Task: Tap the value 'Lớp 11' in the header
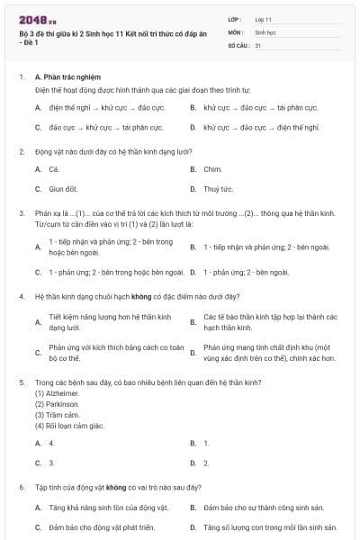coord(264,19)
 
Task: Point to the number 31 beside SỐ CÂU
coord(258,44)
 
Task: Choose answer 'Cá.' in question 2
coord(54,168)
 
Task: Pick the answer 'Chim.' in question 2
coord(212,168)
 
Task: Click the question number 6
coord(21,487)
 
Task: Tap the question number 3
coord(21,213)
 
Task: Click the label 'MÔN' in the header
coord(236,31)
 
